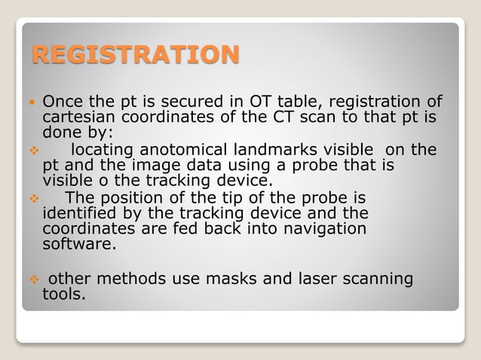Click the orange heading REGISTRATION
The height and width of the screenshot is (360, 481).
coord(135,55)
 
